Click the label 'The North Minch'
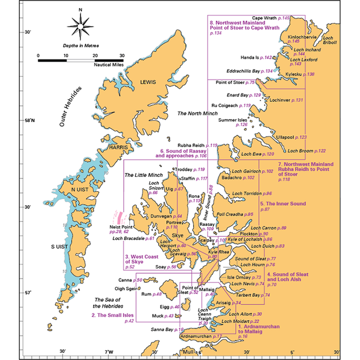pyautogui.click(x=197, y=113)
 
